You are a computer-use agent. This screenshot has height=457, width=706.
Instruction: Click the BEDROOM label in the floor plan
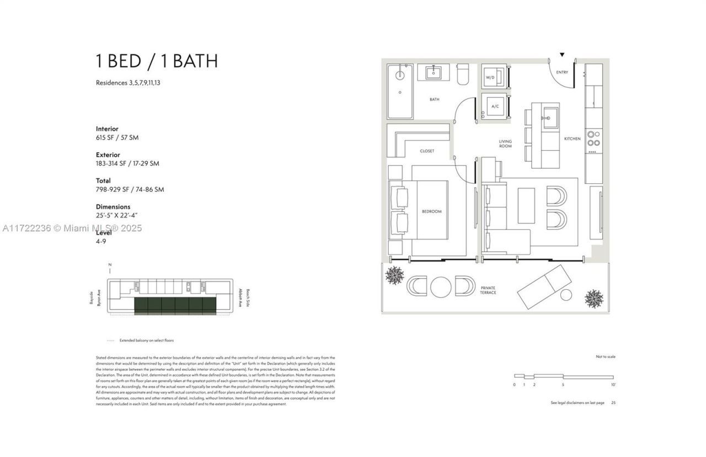432,211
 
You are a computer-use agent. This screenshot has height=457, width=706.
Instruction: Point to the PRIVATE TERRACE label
488,290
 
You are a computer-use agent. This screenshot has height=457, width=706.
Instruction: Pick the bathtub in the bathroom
400,91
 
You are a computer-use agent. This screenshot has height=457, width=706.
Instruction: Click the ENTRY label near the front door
562,72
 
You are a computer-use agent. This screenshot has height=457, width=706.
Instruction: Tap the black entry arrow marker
562,55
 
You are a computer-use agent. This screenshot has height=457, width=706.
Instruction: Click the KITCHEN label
572,139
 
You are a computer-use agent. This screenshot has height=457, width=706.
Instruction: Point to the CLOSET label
427,151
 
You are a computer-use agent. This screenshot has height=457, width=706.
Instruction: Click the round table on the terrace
441,286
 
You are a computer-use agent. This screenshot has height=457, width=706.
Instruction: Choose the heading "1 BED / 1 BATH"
157,61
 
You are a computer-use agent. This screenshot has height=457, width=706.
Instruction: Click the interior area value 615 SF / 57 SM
117,137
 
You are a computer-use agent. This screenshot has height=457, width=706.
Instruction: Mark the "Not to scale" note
605,357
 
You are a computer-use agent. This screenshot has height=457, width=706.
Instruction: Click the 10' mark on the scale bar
613,384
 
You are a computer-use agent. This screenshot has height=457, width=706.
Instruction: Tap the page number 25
613,403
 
